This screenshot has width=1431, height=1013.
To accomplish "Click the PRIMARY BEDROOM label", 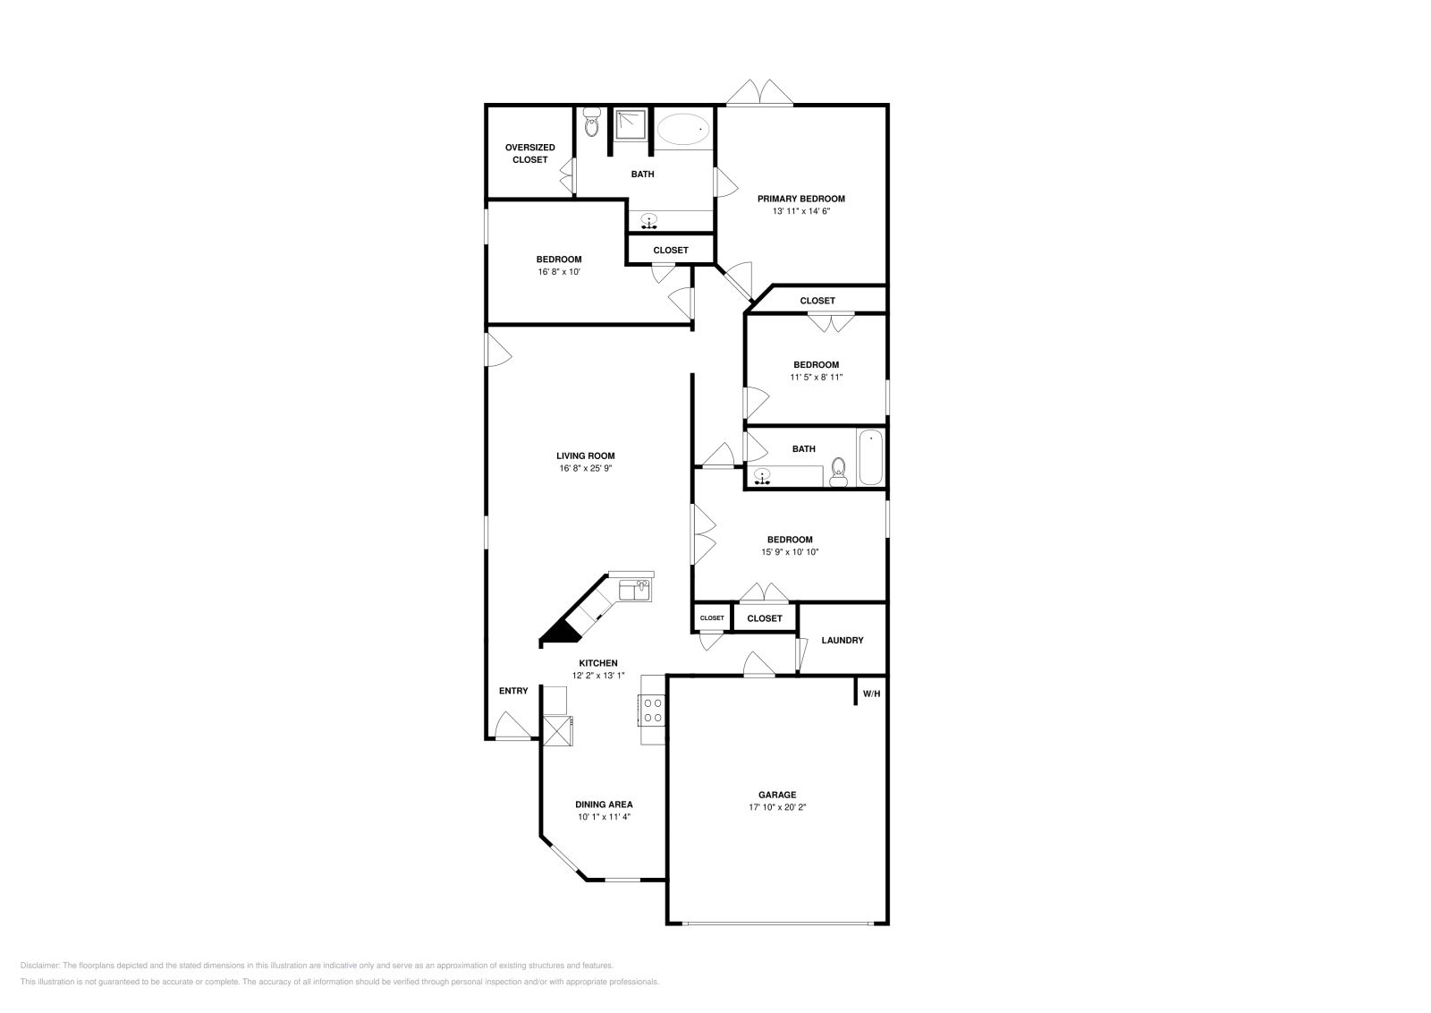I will coord(800,199).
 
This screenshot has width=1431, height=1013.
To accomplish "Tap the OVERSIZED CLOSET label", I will coord(529,153).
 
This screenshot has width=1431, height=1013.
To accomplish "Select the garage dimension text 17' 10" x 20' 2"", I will coord(777,807).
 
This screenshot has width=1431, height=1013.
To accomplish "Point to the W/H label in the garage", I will coord(871,694).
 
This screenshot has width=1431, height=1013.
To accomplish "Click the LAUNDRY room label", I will coord(842,641).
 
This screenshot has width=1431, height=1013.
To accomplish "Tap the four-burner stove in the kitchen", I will coord(653,711).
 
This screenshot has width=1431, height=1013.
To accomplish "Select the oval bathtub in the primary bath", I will coord(684,130).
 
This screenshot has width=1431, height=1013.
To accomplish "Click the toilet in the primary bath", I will coord(591,124).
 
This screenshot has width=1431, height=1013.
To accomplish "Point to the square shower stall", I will coord(631,124).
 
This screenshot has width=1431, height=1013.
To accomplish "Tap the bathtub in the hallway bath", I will coord(870,457).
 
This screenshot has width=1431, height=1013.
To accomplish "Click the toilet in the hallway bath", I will coord(838,472).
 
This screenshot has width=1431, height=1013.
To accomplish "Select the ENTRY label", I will coord(513,691).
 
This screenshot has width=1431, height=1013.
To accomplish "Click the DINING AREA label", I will coord(604,804).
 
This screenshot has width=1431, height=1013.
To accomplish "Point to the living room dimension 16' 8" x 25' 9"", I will coord(587,468).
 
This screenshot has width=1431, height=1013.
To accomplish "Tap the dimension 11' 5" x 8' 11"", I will coord(816,378).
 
